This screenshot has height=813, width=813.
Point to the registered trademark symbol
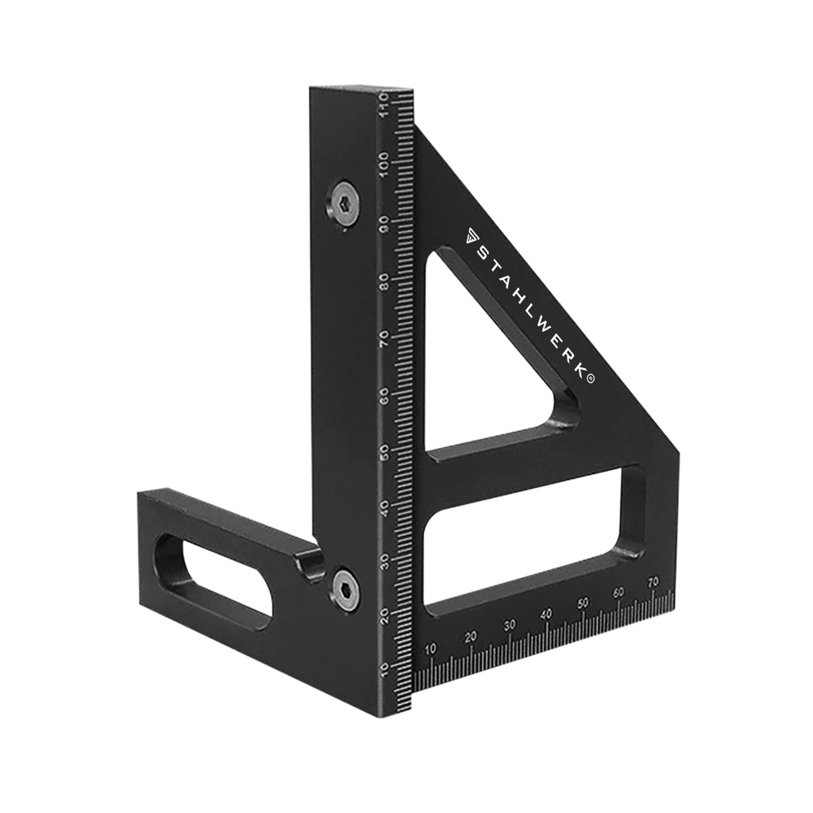pos(591,379)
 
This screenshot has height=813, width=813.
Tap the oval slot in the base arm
pos(214,578)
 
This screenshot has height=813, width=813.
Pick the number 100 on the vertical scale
pos(385,164)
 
